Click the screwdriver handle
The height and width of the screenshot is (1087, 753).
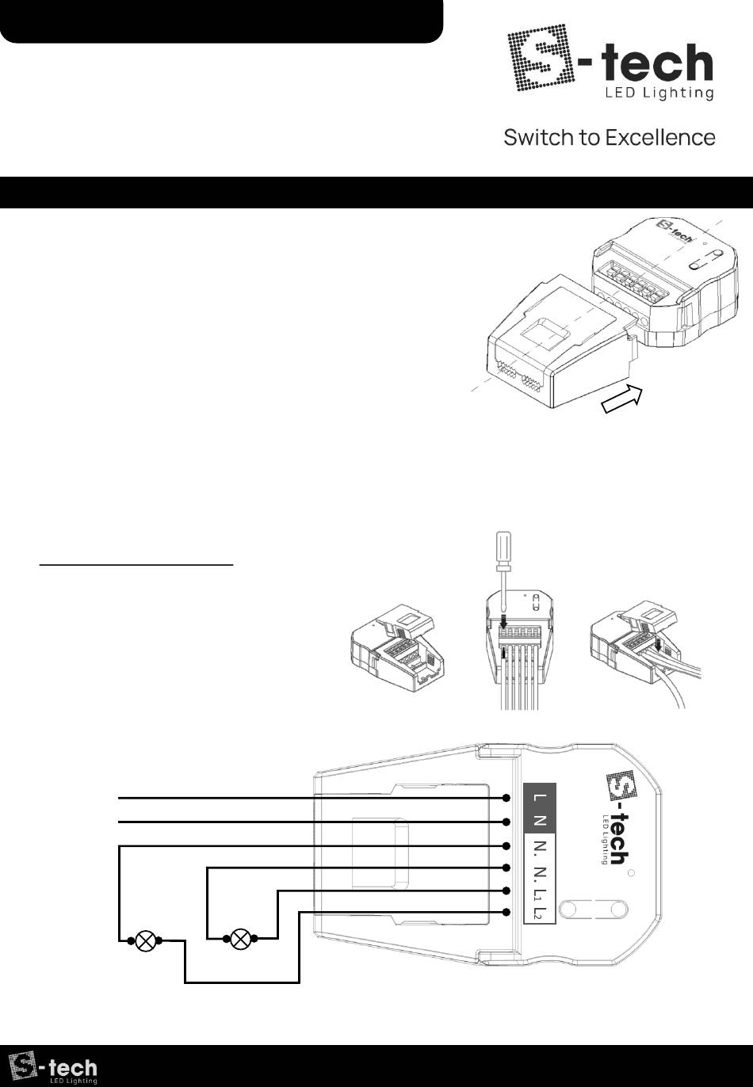click(503, 549)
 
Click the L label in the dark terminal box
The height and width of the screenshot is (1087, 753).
click(539, 797)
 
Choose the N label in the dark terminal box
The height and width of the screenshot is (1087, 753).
click(539, 821)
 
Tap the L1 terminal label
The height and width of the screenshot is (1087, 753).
click(540, 891)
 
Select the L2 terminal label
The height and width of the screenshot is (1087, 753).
click(540, 913)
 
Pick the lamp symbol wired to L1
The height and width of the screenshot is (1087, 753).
click(240, 939)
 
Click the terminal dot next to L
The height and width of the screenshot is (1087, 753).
click(506, 797)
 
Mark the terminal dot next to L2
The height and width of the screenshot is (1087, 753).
click(506, 913)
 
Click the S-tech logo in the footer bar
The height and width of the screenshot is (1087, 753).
click(53, 1067)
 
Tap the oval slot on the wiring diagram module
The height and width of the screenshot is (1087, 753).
click(592, 908)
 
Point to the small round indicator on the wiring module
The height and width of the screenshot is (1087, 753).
click(631, 873)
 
